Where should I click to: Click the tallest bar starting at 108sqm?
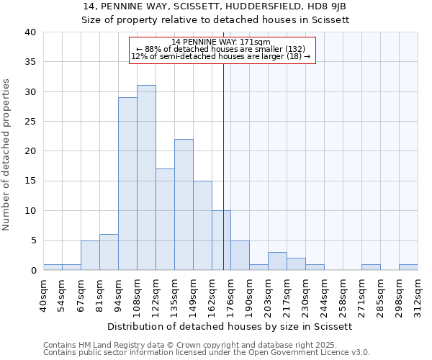point(146,178)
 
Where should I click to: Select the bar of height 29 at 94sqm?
point(127,184)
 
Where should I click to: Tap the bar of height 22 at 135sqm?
point(184,204)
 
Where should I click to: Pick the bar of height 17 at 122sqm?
point(165,220)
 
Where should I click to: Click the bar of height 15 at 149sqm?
point(202,225)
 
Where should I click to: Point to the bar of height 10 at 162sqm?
point(221,240)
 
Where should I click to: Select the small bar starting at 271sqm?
point(371,267)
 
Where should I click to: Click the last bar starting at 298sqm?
point(408,267)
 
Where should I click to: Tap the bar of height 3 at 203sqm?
point(277,261)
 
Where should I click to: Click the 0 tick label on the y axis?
point(32,271)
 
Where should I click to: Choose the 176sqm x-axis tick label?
point(231,293)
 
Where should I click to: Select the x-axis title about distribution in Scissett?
point(230,326)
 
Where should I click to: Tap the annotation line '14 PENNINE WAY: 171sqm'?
point(222,42)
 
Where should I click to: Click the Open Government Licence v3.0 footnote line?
point(207,353)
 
